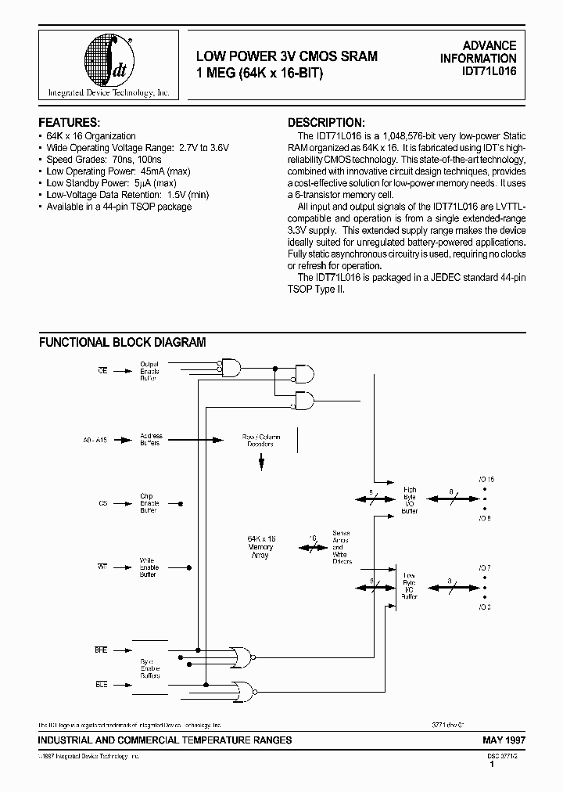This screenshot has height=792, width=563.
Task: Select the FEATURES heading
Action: pos(69,123)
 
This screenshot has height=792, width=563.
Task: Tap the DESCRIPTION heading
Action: pos(326,123)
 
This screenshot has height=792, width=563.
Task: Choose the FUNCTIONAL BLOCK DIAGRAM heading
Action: pos(123,342)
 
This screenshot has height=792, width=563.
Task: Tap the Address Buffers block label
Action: pos(149,439)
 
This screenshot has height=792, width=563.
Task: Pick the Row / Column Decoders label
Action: pos(262,440)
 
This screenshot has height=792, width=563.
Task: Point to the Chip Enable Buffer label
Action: pos(149,503)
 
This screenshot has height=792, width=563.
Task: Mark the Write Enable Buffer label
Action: pos(149,568)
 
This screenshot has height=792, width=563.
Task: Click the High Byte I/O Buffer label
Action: pos(410,500)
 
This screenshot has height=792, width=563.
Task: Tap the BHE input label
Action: pos(100,650)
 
